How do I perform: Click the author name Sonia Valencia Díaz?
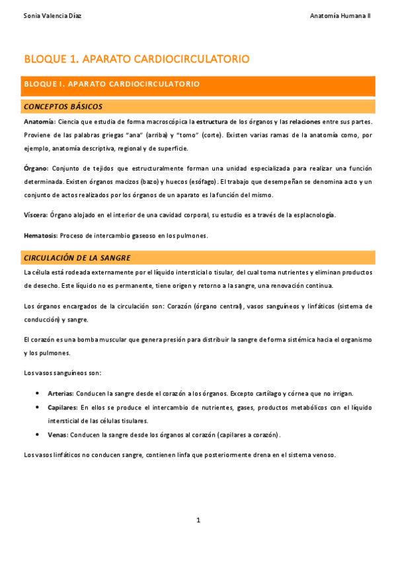[53, 15]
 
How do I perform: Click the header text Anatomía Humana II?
[340, 15]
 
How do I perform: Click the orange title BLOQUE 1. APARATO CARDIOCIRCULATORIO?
[136, 60]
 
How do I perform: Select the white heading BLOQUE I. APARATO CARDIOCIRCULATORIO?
[112, 85]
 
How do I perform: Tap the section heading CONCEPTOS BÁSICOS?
[63, 107]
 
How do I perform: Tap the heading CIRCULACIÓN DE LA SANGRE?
[77, 257]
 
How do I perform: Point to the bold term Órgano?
[35, 168]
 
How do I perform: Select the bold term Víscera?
[35, 214]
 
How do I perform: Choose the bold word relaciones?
[303, 122]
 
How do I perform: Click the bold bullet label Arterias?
[60, 393]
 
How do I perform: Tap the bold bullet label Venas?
[58, 435]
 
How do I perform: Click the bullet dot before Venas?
[36, 435]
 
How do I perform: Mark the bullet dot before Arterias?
[36, 393]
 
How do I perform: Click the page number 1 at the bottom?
[198, 520]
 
